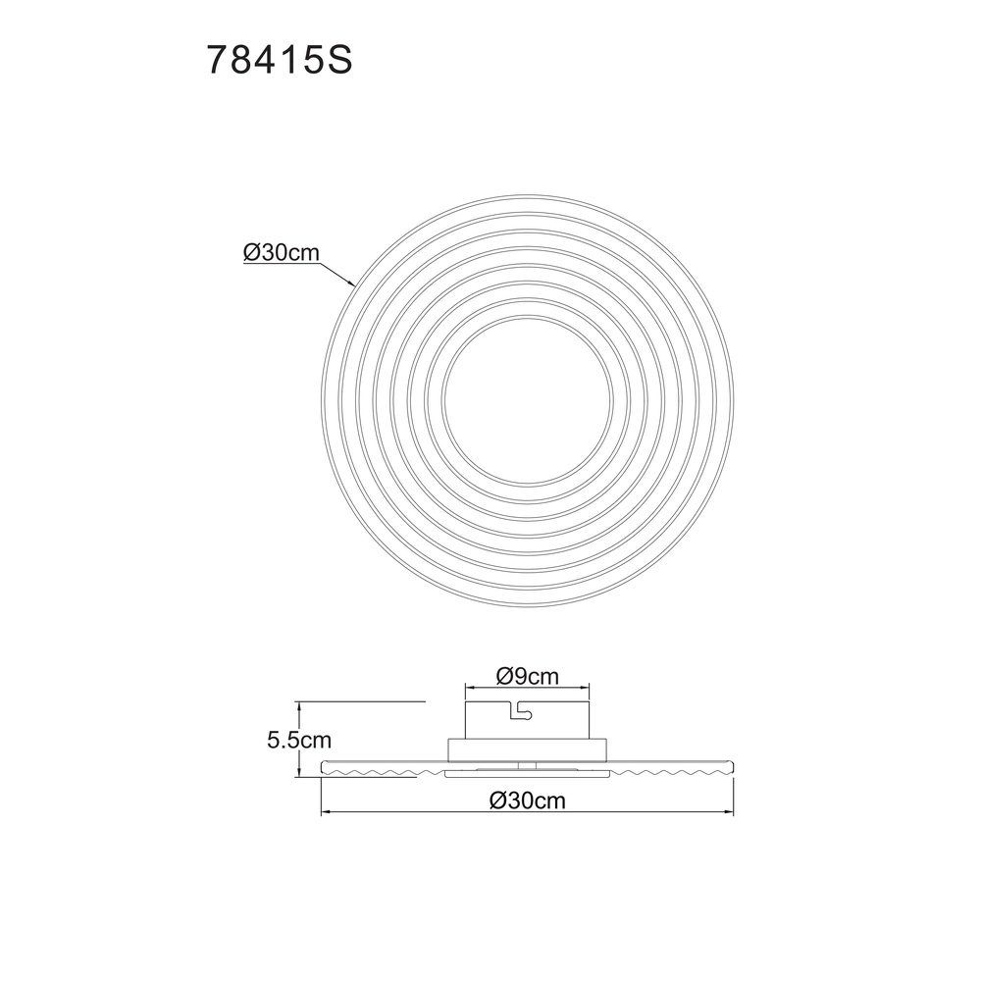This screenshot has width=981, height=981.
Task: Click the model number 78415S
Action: (x=279, y=61)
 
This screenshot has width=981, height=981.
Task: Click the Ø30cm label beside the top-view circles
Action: (x=282, y=253)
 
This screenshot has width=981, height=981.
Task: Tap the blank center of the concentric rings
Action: (x=527, y=400)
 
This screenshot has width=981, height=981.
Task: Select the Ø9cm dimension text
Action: (x=527, y=676)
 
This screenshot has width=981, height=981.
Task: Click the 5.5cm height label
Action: (x=299, y=740)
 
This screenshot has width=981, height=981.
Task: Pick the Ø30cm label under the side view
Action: (x=527, y=800)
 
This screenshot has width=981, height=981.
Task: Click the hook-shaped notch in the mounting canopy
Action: (x=522, y=710)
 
